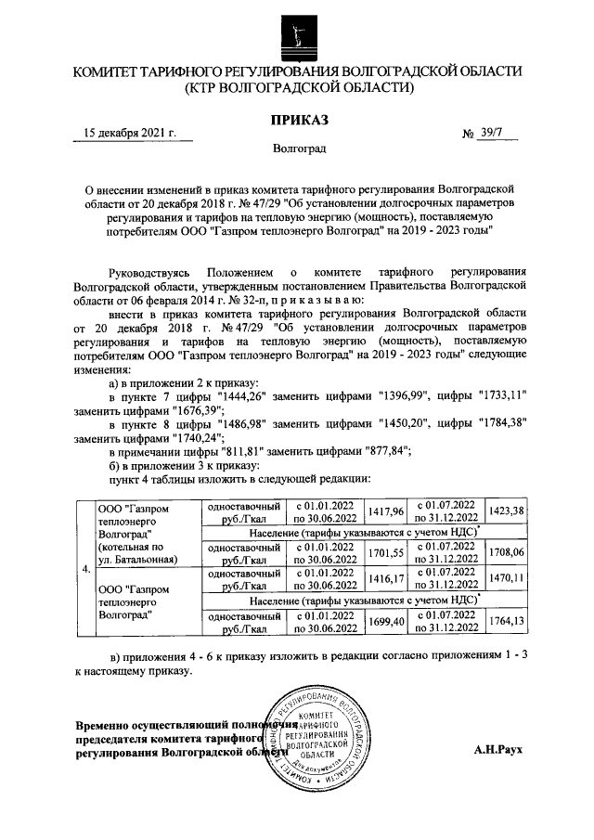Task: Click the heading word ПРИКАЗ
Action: tap(298, 120)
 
